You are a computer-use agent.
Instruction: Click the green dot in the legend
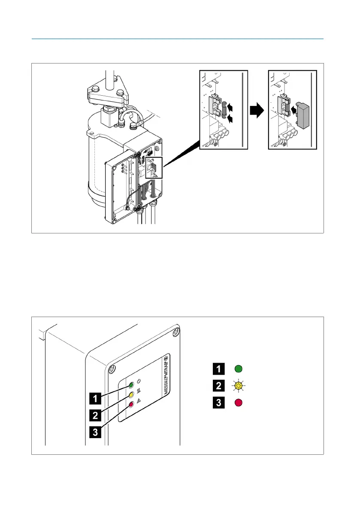tap(239, 369)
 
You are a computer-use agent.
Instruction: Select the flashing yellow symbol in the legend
tap(239, 386)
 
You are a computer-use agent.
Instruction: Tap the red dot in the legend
tap(239, 403)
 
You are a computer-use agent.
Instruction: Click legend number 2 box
tap(219, 386)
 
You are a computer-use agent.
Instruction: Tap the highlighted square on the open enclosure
tap(154, 167)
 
